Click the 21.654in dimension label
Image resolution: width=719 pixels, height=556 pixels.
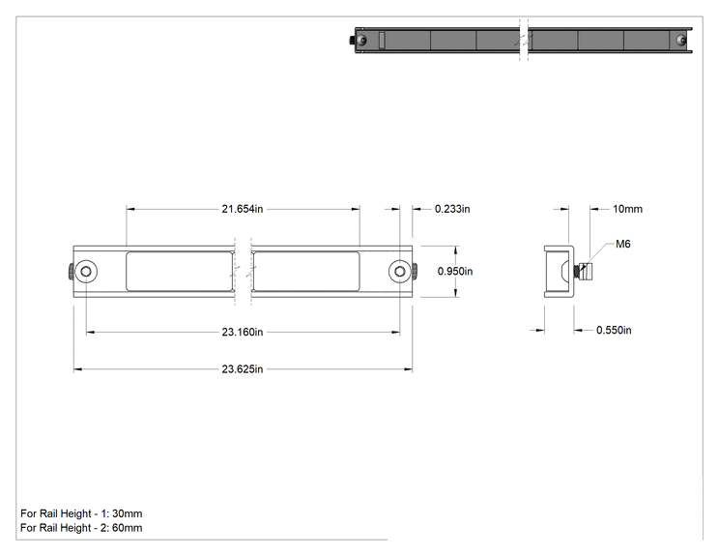coord(243,209)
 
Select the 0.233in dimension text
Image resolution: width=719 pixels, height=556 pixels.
coord(452,209)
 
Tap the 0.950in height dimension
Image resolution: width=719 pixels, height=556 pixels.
coord(455,271)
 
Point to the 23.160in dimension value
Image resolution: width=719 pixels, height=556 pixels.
coord(243,332)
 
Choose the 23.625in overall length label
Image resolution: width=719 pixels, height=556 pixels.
coord(243,369)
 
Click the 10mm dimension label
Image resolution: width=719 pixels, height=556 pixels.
coord(627,209)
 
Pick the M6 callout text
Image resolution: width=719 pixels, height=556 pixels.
coord(622,244)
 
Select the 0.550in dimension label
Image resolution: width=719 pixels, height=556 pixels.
coord(614,331)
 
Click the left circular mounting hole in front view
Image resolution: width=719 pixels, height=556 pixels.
coord(86,272)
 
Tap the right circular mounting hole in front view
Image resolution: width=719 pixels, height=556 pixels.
coord(400,272)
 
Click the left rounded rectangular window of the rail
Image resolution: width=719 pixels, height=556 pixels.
coord(180,271)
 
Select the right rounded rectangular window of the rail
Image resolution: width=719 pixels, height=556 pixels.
coord(305,271)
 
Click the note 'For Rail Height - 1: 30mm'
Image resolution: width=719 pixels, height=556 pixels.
coord(81,513)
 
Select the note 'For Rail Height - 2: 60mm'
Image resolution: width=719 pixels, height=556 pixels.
coord(81,528)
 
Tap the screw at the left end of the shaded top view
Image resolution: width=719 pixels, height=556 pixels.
coord(360,40)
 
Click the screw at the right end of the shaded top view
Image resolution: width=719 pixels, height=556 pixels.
coord(681,41)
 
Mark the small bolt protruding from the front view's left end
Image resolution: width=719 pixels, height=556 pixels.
coord(71,272)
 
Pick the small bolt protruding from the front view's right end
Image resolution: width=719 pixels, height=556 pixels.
coord(415,272)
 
